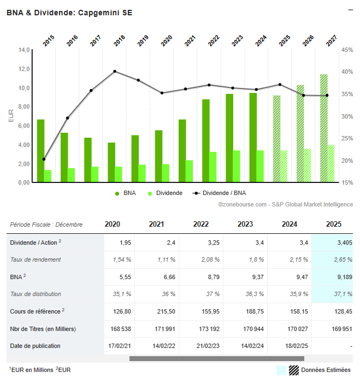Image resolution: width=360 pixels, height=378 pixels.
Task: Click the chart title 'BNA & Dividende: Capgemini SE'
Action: [69, 13]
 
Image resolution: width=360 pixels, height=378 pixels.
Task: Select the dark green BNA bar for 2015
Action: [40, 151]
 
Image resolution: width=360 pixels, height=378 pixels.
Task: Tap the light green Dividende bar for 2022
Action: [213, 167]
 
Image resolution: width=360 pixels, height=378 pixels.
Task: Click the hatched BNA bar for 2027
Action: [324, 128]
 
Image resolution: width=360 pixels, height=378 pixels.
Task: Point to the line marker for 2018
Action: [115, 71]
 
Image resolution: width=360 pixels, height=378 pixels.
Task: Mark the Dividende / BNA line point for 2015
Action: [44, 160]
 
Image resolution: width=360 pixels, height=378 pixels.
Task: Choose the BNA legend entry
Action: [126, 193]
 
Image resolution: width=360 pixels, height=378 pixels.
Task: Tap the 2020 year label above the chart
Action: [166, 40]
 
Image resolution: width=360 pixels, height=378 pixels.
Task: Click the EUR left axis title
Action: [11, 116]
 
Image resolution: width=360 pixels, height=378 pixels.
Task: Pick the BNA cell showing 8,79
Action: [200, 277]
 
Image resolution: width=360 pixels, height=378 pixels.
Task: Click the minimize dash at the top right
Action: [350, 9]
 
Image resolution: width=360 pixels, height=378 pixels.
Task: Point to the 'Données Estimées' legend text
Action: [326, 370]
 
